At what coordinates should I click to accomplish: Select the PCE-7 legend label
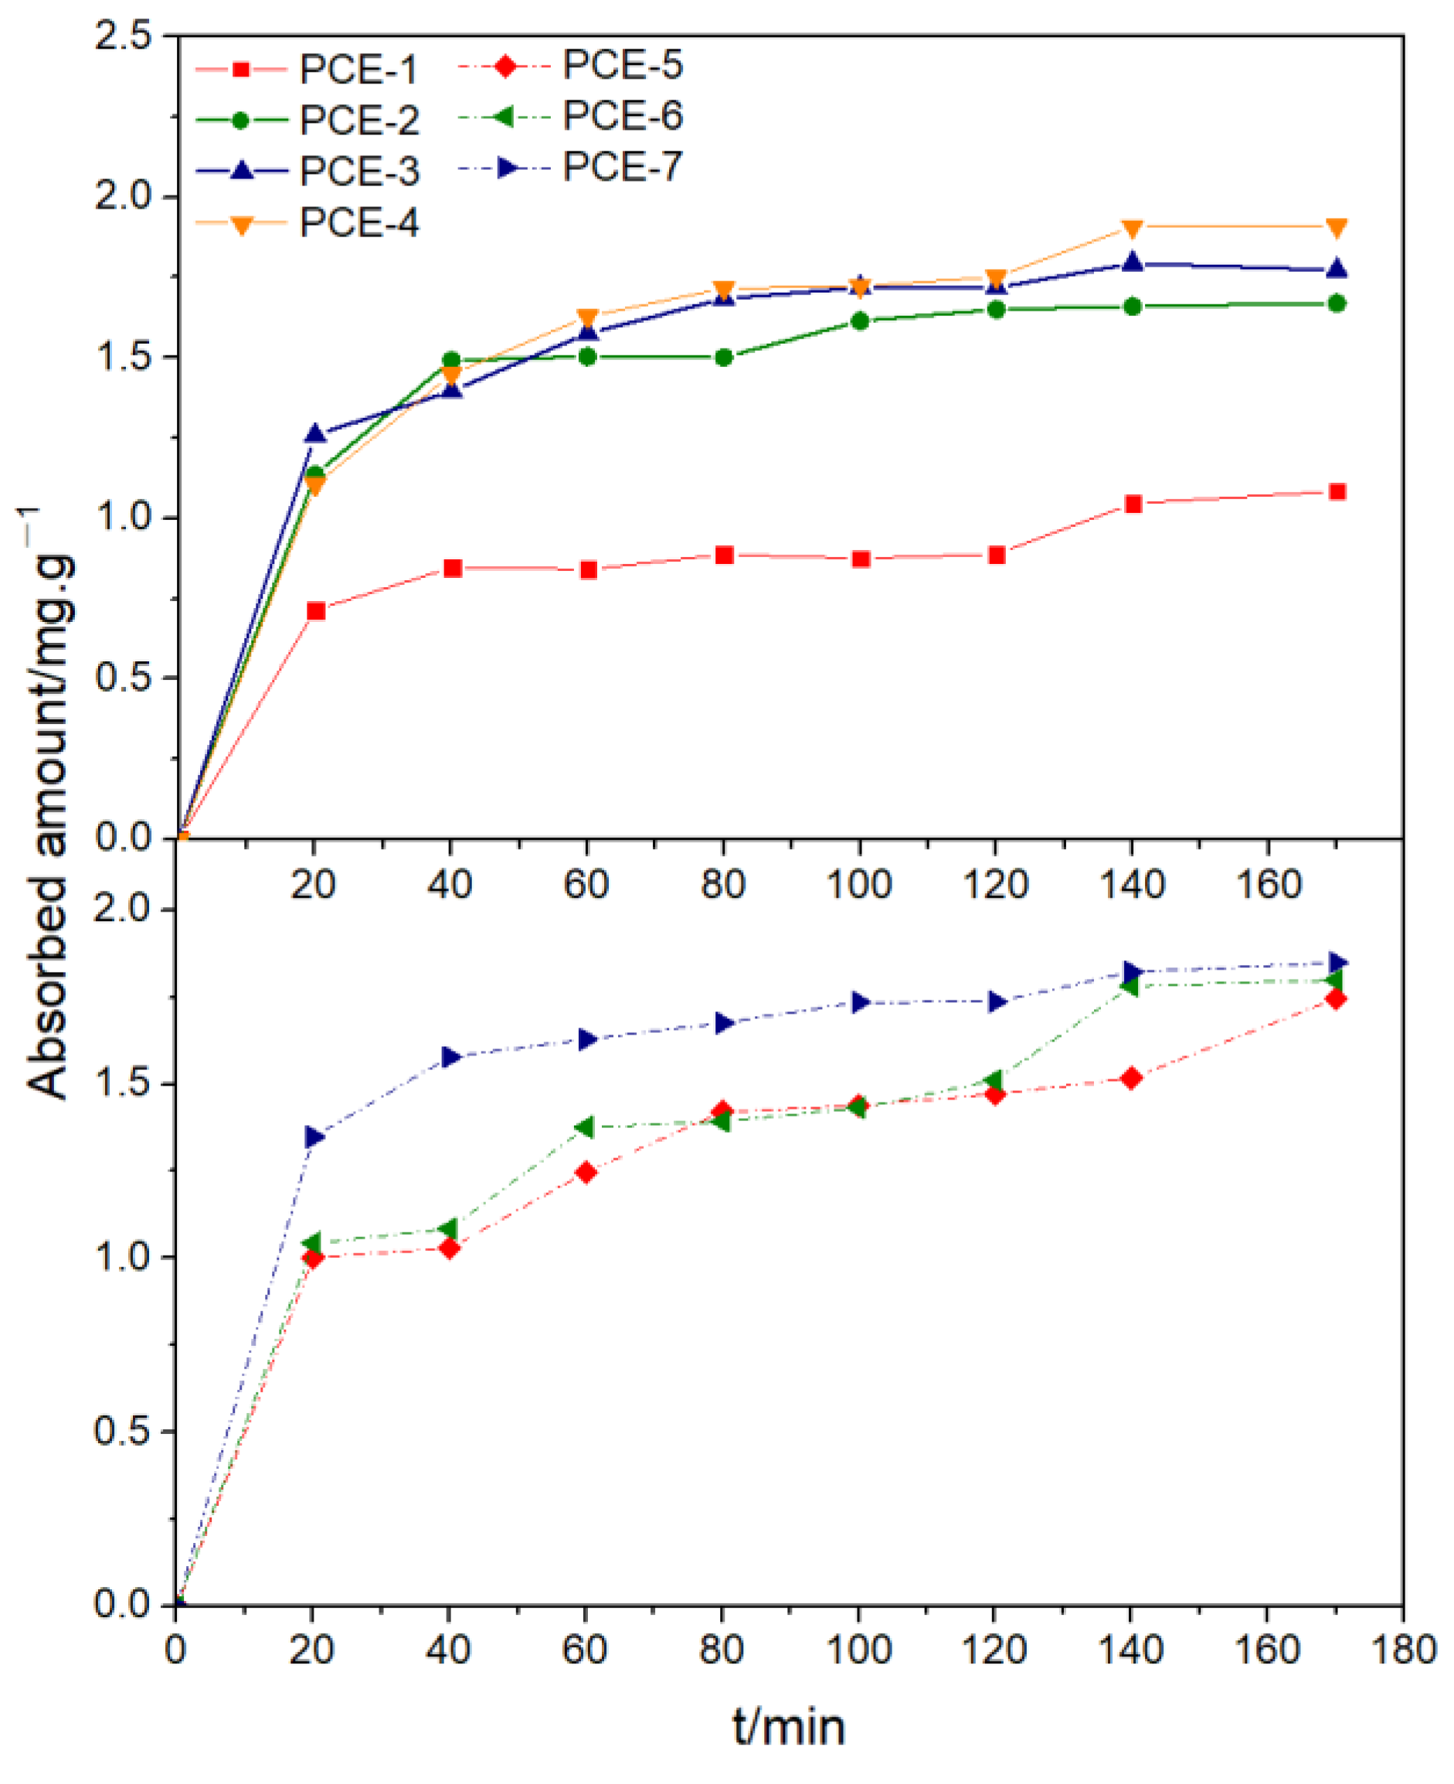coord(621,168)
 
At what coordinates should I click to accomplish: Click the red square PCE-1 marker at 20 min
coord(316,610)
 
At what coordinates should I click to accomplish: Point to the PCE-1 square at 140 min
coord(1133,504)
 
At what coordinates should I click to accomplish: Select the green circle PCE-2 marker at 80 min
coord(724,358)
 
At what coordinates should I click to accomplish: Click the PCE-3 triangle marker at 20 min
coord(315,433)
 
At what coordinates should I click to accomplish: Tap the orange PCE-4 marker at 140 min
coord(1133,229)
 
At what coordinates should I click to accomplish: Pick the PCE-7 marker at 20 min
coord(315,1137)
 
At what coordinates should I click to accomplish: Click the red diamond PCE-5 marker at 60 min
coord(586,1172)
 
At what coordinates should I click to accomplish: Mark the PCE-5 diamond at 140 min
coord(1132,1078)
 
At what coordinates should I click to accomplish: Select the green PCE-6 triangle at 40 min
coord(448,1228)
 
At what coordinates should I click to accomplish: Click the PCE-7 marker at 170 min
coord(1337,963)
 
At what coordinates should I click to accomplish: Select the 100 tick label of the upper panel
coord(858,885)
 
